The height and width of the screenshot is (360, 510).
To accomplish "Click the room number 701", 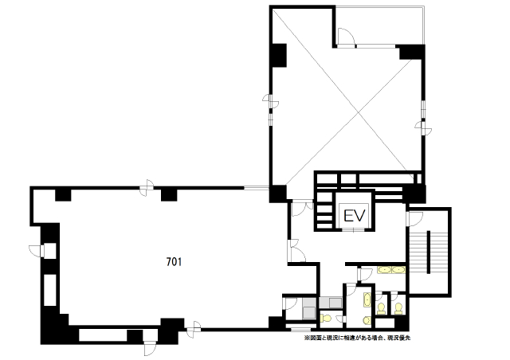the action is [174, 262].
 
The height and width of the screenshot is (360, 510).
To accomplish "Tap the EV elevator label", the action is [355, 215].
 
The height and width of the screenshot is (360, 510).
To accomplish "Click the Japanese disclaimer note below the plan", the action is [357, 338].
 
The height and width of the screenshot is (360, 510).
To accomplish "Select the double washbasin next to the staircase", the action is [391, 270].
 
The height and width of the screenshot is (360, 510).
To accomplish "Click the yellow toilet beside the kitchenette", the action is [326, 318].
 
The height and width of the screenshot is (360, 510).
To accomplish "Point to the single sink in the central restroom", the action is [367, 299].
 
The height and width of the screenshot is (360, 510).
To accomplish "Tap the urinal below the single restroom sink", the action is [367, 320].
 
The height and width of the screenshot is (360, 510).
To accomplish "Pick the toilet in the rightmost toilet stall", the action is [398, 308].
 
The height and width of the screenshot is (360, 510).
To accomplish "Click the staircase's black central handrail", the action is [429, 252].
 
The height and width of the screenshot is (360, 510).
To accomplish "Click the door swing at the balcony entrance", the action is [345, 36].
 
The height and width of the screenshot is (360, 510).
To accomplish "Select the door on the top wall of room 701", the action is [147, 188].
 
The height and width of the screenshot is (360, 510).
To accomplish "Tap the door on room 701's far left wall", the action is [37, 251].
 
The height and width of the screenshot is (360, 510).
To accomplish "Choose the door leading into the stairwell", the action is [414, 219].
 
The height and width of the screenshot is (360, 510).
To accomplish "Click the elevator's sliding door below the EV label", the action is [354, 230].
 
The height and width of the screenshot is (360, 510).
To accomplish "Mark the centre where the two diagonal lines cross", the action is [358, 113].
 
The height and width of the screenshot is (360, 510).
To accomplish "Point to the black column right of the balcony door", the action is [412, 52].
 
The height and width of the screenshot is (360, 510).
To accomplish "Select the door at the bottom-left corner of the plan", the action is [151, 346].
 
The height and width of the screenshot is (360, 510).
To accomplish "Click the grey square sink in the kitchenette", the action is [308, 312].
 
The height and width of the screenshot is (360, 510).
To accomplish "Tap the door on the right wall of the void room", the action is [424, 127].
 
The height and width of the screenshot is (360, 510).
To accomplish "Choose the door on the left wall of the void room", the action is [271, 101].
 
